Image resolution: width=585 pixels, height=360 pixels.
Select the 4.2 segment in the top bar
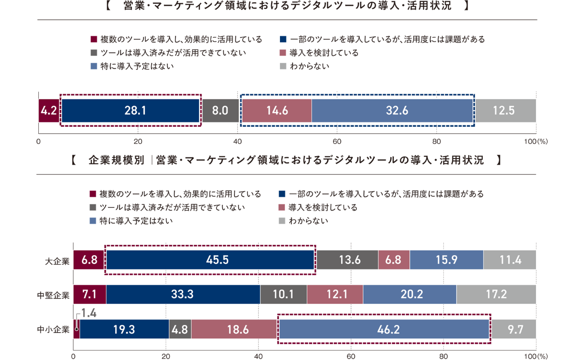[48, 111]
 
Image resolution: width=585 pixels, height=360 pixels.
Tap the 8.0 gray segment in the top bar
[220, 111]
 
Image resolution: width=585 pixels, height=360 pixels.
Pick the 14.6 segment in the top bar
[276, 111]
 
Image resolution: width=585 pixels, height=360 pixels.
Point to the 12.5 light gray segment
[504, 111]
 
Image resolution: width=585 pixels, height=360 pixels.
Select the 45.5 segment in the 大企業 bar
[210, 260]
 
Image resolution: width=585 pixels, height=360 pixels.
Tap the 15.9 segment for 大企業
[446, 260]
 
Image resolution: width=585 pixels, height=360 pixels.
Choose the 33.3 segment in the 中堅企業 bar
[183, 295]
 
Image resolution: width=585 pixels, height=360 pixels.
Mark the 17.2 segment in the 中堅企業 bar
[496, 295]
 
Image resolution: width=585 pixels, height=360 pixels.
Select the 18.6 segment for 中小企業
[234, 329]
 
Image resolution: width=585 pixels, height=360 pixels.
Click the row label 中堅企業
[53, 295]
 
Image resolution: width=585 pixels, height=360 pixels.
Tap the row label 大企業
[57, 261]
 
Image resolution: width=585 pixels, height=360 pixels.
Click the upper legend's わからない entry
[309, 66]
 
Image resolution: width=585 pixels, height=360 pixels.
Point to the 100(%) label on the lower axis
[535, 356]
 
